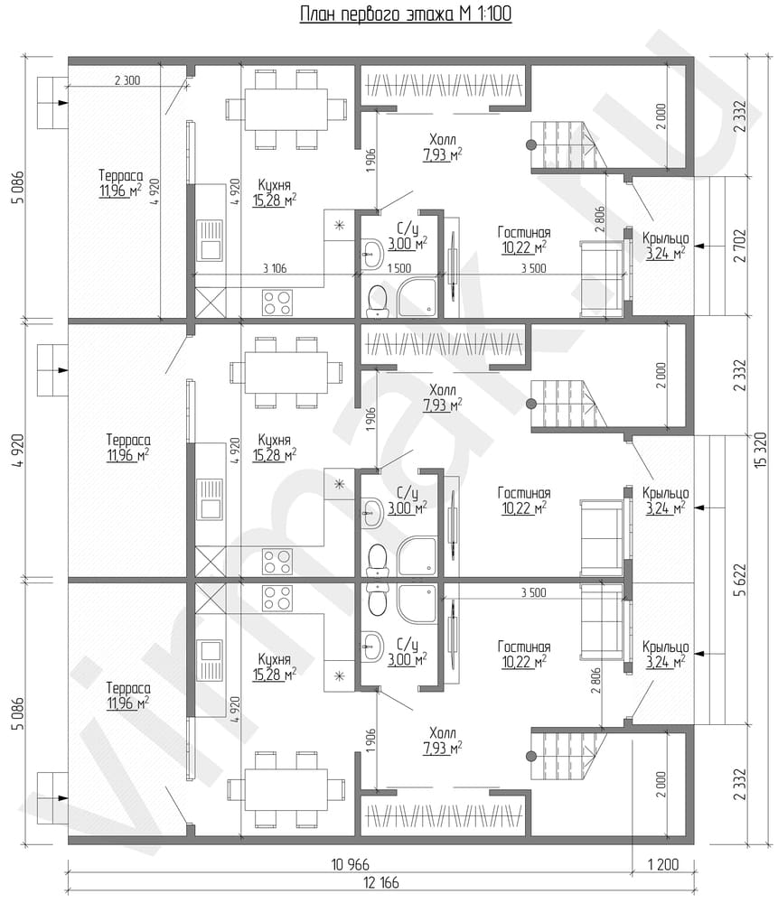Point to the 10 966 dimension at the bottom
(x=351, y=864)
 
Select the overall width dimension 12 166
(x=381, y=881)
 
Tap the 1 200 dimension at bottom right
(x=663, y=864)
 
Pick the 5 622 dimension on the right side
(x=740, y=580)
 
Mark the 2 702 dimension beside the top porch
(x=740, y=246)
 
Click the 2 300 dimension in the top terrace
(x=127, y=80)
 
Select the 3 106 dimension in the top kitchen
(x=275, y=268)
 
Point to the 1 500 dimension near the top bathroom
(x=398, y=268)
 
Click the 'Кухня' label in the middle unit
(x=275, y=440)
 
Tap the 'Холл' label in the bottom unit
(x=443, y=733)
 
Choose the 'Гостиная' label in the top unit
(x=524, y=232)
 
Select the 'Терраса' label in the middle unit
(x=128, y=440)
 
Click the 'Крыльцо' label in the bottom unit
(x=666, y=647)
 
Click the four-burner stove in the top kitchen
(x=277, y=303)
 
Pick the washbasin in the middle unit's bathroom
(x=373, y=509)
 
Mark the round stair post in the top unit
(x=531, y=144)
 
